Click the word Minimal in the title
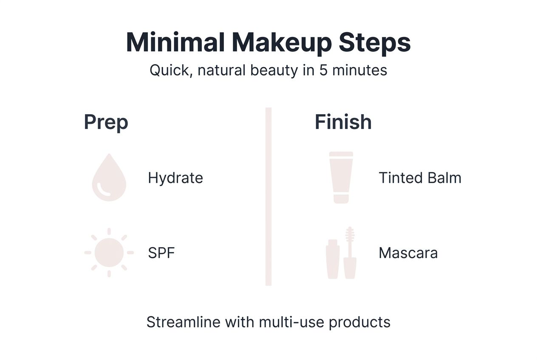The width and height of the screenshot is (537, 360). click(x=176, y=42)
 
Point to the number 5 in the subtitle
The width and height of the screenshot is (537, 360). click(x=323, y=70)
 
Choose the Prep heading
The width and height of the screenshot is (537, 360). click(x=106, y=122)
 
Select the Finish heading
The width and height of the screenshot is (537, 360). click(x=343, y=122)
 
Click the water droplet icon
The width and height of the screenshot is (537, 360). click(x=109, y=178)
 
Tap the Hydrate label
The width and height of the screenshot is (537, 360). click(x=175, y=178)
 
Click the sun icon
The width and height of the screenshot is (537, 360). click(x=109, y=253)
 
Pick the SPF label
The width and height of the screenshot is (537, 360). click(x=161, y=253)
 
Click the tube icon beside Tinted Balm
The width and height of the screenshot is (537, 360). click(x=341, y=177)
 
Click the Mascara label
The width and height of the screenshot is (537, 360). click(x=408, y=253)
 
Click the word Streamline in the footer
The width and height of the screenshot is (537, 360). click(x=184, y=322)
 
